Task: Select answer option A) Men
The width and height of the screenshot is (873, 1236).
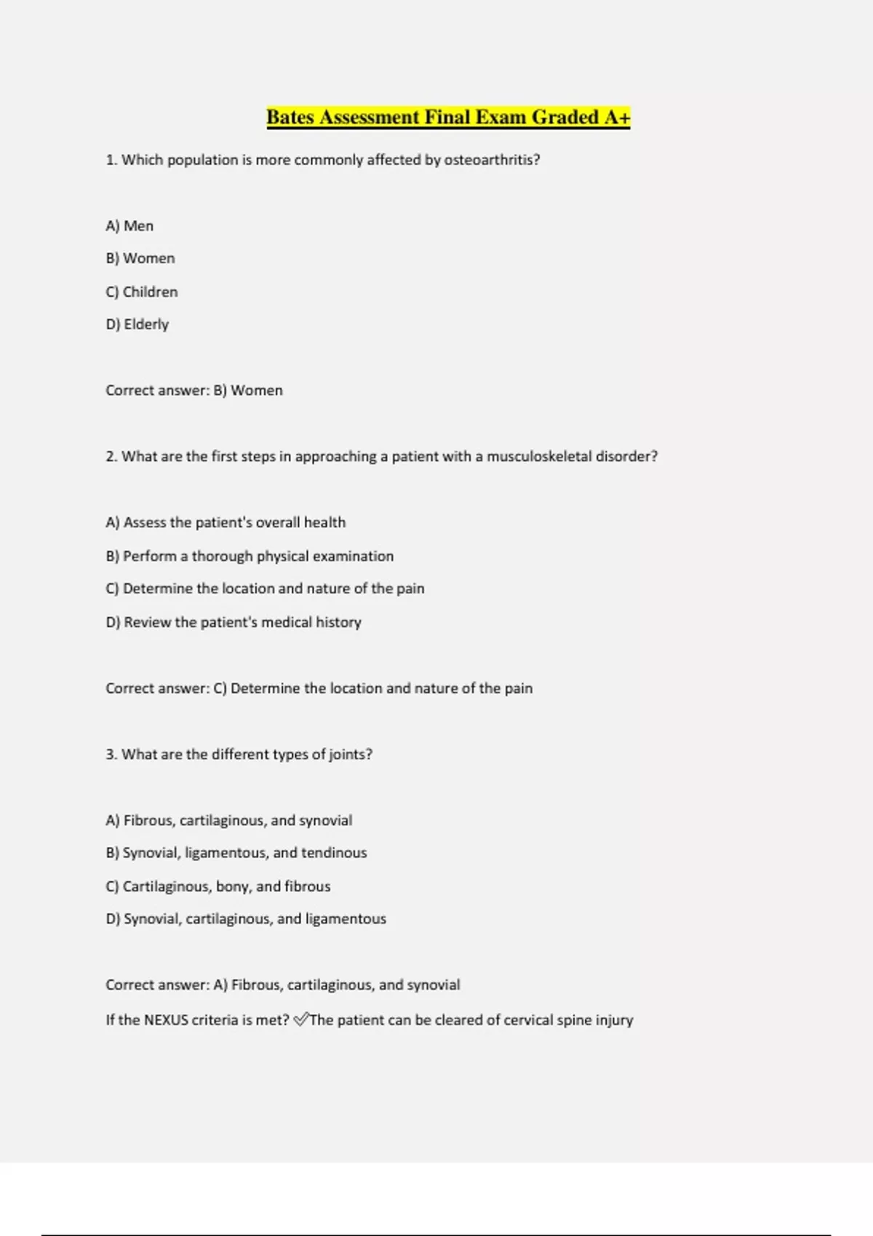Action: coord(129,226)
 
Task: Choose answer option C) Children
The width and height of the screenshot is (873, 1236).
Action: coord(142,292)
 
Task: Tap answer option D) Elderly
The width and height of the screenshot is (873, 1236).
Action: coord(137,324)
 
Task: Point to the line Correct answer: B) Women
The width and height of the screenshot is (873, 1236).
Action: coord(194,390)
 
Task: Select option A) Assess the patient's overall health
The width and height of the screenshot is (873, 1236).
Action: coord(226,523)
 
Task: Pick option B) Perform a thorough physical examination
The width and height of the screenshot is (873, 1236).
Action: coord(250,556)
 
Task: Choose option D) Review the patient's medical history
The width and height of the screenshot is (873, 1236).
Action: coord(234,622)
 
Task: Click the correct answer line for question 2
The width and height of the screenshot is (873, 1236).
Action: coord(319,689)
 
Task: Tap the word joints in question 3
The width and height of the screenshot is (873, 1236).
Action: coord(350,755)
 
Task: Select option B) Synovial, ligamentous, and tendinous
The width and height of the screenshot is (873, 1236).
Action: coord(236,853)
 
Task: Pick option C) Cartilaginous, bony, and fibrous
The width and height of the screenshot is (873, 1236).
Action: coord(218,886)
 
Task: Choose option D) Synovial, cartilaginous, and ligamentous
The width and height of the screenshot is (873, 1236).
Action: coord(246,919)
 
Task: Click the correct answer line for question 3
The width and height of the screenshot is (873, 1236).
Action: coord(283,985)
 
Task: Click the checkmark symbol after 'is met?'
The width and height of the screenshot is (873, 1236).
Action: coord(301,1020)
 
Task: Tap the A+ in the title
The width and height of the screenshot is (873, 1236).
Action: coord(617,117)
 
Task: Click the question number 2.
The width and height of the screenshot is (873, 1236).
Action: coord(111,457)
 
